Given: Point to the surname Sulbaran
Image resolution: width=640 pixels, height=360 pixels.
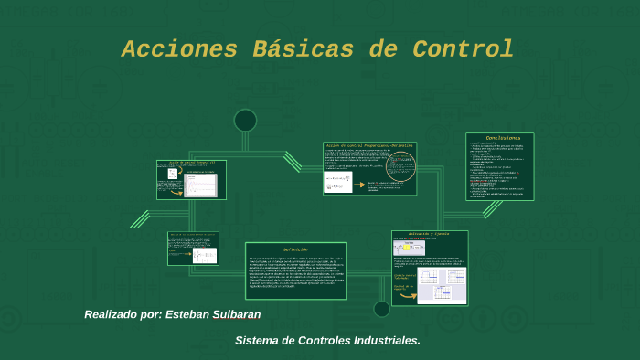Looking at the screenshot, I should coord(237,314).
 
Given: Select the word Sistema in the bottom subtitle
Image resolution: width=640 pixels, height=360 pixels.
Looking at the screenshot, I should coord(258,341).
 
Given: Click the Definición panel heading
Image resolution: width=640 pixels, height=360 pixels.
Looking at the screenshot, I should coord(295,249).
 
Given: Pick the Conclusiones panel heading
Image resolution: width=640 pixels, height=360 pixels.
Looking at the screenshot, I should coord(501,138).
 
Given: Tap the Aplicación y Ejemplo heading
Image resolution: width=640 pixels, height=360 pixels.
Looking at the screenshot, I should coord(430,235).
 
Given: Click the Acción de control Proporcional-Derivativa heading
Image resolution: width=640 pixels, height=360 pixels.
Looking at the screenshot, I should coord(368,146).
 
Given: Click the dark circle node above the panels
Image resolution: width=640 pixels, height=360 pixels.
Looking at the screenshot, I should coord(245,121).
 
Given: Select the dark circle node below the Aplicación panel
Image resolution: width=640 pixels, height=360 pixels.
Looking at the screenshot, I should coord(382,309).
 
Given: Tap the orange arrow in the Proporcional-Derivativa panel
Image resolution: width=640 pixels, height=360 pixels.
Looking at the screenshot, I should coord(358,185).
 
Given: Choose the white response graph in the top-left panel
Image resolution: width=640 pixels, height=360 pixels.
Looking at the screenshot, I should coord(201,184).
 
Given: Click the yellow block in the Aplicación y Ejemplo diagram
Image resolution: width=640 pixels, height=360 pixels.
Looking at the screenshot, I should coord(403,248).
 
